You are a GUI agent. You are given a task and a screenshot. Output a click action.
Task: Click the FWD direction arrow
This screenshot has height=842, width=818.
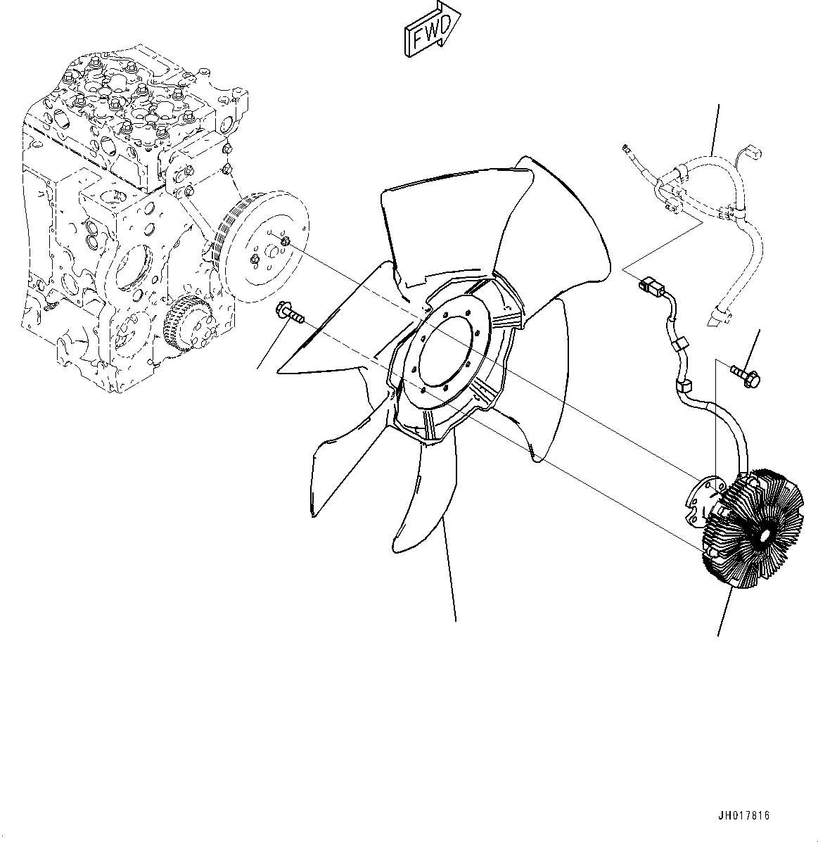[x=431, y=32]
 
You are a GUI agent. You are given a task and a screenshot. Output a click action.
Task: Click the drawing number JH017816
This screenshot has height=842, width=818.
[x=744, y=816]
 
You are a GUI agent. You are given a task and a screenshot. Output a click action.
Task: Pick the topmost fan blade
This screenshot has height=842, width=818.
[x=422, y=225]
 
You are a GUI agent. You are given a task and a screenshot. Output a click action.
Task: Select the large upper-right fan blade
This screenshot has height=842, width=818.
[x=556, y=218]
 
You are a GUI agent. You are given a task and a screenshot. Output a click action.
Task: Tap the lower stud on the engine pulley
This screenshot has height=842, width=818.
[x=256, y=261]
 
